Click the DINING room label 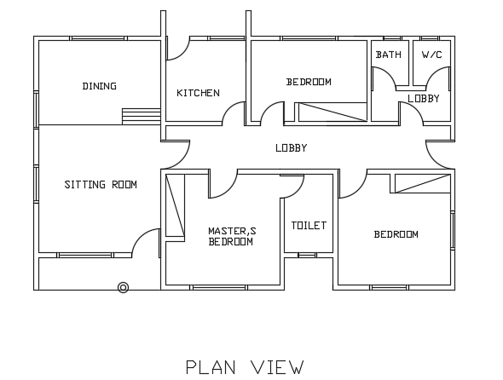coord(100,86)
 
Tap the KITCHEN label coord(198,93)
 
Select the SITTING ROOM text coord(101,184)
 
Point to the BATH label coord(388,55)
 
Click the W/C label coord(432,55)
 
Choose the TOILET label coord(308,226)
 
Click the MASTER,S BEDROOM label coord(230,236)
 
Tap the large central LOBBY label coord(291,148)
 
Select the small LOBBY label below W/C coord(423,99)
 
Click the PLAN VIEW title coord(245,367)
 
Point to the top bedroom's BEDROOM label coord(308,82)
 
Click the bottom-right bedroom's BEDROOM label coord(396,234)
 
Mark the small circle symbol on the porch coord(123,288)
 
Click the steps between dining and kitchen coord(141,116)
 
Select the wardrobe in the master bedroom coord(175,205)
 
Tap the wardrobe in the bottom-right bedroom coord(421,182)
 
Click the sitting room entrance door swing coord(147,242)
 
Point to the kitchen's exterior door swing coord(176,49)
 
